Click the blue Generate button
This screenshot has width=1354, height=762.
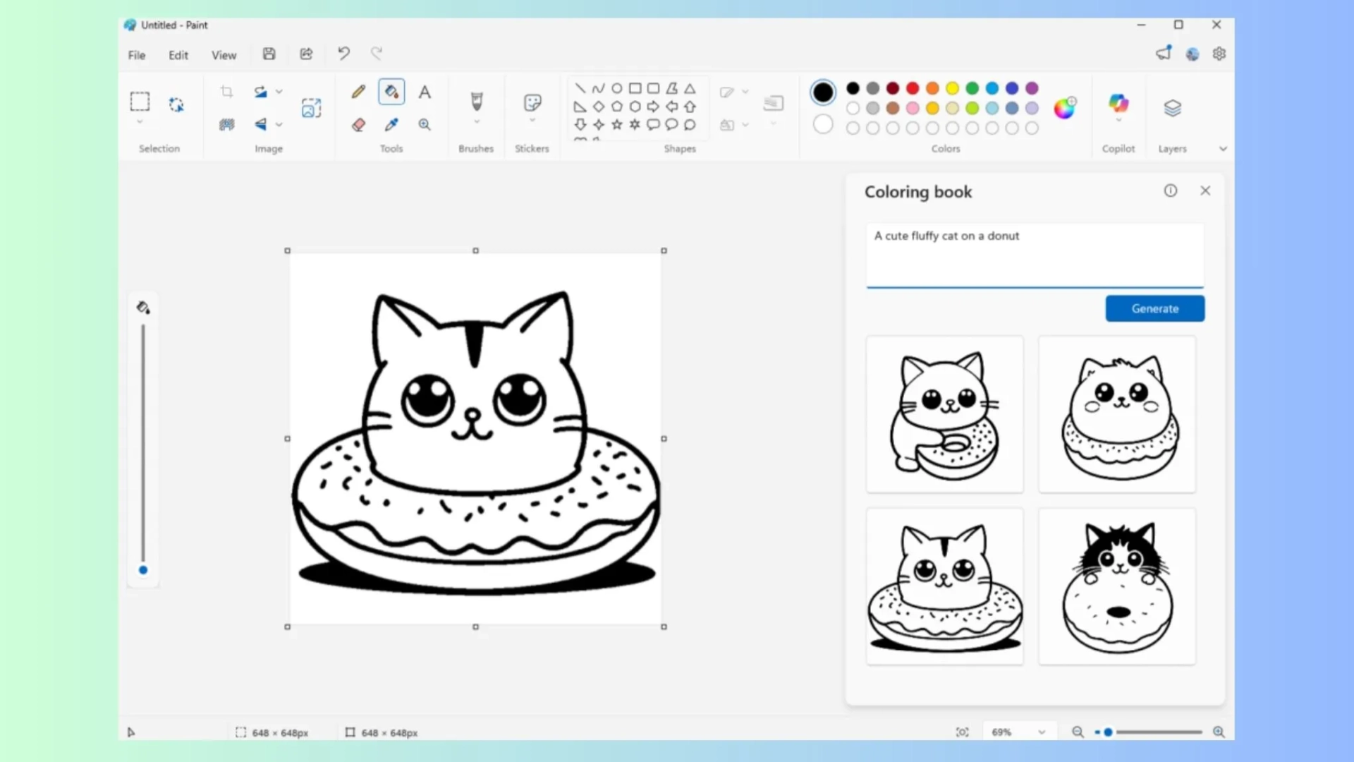(1154, 308)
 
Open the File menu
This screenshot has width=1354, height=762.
(136, 55)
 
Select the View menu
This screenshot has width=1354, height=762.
(224, 55)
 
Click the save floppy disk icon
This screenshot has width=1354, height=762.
(269, 54)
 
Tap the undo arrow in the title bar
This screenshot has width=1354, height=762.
(343, 54)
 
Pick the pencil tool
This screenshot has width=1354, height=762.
(358, 92)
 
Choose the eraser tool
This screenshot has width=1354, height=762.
(358, 125)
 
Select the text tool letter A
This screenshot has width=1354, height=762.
(425, 92)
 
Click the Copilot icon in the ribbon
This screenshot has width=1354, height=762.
(1118, 104)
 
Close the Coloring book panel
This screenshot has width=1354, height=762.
(1205, 190)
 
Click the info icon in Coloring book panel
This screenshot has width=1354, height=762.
(1171, 190)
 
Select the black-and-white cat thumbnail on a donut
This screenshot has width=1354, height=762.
(1117, 586)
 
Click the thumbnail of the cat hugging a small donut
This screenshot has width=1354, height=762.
(944, 414)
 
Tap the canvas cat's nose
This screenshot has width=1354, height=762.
(472, 413)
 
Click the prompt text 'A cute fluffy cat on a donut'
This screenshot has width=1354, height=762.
(946, 236)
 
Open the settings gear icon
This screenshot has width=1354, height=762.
(1219, 54)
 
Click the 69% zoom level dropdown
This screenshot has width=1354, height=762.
(1018, 732)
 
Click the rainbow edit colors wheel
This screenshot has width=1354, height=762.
(1064, 108)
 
